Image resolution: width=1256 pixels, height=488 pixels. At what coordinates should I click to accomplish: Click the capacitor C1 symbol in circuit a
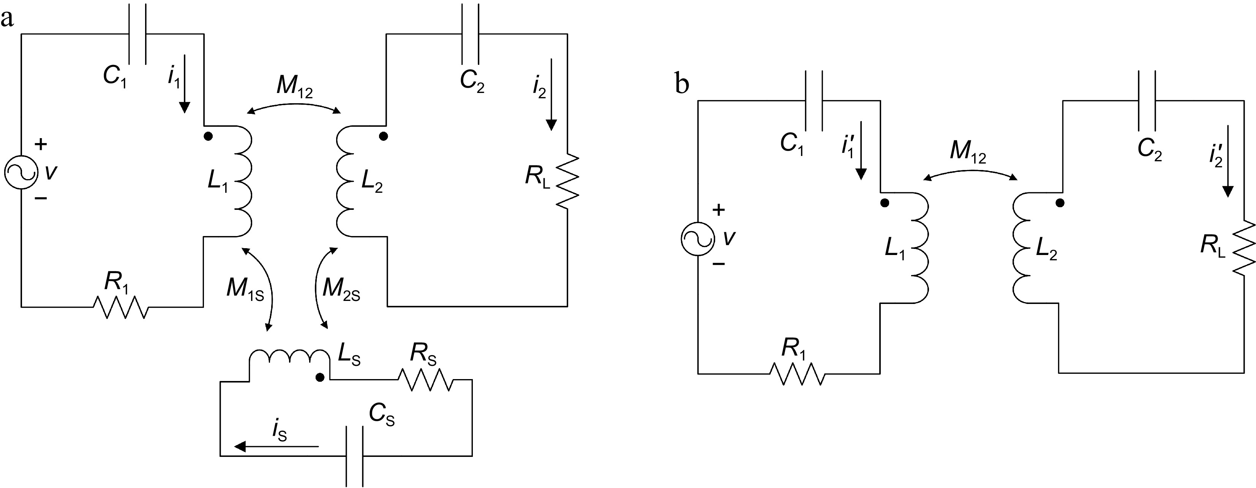137,34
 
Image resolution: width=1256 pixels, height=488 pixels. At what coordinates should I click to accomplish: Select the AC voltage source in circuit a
21,172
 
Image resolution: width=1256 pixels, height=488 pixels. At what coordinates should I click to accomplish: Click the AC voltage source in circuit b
698,239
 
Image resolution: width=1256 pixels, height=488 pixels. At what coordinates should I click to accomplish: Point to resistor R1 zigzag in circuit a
120,307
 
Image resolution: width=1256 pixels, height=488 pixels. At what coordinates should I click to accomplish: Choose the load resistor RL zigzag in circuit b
1244,253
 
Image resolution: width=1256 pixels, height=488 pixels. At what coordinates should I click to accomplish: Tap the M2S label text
341,290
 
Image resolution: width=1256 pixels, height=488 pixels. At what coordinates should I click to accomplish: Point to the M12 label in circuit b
968,153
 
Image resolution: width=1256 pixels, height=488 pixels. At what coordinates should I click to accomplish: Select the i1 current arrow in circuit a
184,88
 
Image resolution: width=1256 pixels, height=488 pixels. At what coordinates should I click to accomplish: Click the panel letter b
682,84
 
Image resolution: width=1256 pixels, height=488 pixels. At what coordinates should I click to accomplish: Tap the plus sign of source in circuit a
41,144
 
